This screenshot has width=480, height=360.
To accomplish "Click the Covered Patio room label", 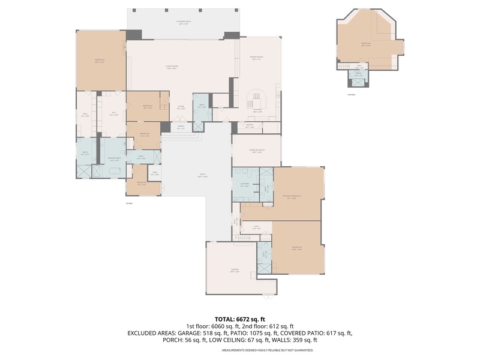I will coord(183,23).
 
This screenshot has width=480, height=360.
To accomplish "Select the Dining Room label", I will coord(256,58).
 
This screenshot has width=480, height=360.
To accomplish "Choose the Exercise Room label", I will coord(257,151).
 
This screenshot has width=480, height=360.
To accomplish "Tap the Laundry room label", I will coord(244,184).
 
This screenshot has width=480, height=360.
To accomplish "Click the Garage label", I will coord(235,271).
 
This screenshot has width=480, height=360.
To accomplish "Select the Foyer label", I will coord(180,108).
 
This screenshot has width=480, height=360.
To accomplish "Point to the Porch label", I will coord(181,127).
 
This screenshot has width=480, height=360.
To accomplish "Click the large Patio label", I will coord(203,176).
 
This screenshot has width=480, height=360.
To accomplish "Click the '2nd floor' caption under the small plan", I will coord(352,95).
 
